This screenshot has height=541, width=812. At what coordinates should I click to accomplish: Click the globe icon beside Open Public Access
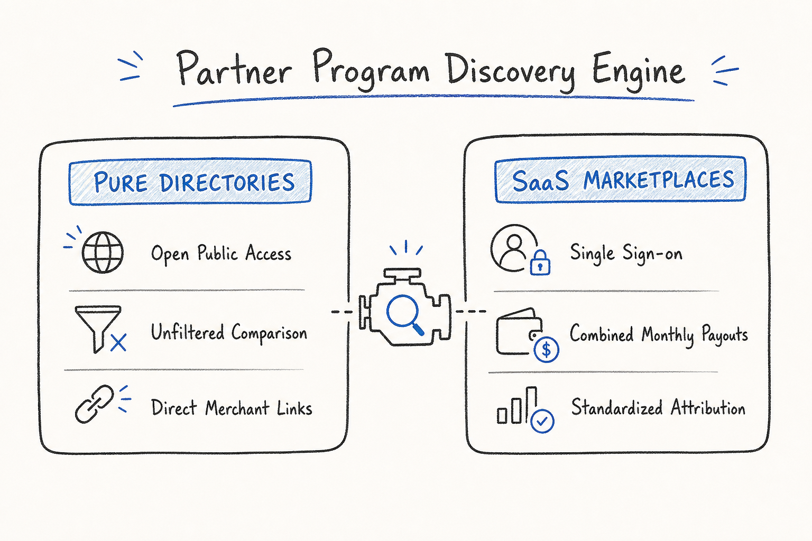coord(103,252)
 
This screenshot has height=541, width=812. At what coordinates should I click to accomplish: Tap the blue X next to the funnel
coord(118,342)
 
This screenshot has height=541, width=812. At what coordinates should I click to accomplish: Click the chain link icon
coord(94,404)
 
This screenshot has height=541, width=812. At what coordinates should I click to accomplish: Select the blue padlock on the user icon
coord(540,263)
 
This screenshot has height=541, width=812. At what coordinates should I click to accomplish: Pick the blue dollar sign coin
coord(546,350)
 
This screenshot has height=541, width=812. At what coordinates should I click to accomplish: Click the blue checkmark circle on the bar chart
coord(542,421)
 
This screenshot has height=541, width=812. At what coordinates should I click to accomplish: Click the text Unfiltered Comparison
coord(229,333)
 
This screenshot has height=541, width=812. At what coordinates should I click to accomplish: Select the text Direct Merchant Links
coord(232,408)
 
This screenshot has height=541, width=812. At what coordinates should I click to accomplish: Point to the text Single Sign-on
coord(626,253)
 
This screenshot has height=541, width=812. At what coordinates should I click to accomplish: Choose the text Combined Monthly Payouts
coord(659,334)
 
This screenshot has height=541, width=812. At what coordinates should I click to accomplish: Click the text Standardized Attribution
coord(658,407)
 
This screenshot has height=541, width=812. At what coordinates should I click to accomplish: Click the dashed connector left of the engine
coord(342,312)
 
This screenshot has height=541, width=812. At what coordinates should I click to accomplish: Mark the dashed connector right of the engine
coord(470,311)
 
